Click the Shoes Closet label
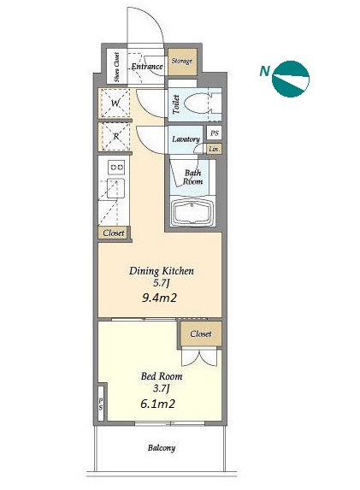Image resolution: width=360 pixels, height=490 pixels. click(116, 67)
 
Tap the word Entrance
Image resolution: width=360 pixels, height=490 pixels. click(147, 66)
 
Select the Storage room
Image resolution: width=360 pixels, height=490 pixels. click(182, 62)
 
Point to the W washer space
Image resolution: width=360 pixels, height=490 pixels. click(114, 103)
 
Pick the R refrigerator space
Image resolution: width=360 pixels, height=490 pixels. click(114, 137)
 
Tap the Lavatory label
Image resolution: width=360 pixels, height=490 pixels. click(186, 139)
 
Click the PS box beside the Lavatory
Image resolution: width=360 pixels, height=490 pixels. click(214, 133)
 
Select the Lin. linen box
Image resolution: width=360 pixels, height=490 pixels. click(215, 149)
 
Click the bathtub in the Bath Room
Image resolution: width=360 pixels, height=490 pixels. click(192, 211)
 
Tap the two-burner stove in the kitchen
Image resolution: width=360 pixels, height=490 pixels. click(116, 168)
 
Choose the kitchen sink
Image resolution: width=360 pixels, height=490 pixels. click(116, 188)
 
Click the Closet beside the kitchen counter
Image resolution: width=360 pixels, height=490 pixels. click(114, 233)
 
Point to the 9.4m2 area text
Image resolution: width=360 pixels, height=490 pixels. click(159, 298)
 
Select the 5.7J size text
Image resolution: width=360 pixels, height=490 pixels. click(162, 283)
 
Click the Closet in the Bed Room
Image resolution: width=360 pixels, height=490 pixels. click(201, 334)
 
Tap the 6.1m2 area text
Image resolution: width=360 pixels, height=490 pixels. click(157, 404)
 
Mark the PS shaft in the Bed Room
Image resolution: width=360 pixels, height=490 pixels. click(101, 404)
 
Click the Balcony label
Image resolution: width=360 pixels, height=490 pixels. click(162, 448)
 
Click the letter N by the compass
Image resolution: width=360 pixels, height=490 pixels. click(265, 71)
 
